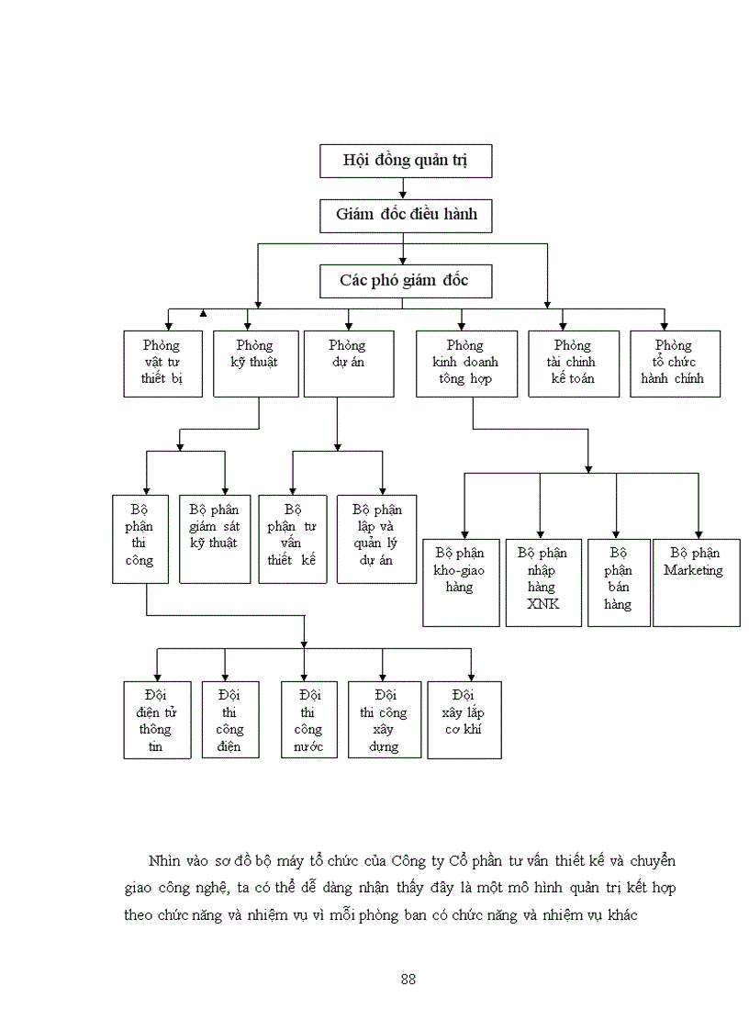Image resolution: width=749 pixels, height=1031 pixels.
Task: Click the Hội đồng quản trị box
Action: [x=406, y=161]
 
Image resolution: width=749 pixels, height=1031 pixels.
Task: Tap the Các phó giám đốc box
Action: [x=405, y=280]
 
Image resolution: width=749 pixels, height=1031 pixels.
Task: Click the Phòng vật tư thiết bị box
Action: [x=162, y=364]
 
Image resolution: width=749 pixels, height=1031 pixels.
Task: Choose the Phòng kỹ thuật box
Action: [x=255, y=364]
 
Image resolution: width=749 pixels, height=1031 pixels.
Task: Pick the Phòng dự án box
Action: [x=348, y=364]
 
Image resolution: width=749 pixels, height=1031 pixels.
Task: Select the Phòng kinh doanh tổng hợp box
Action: [x=465, y=364]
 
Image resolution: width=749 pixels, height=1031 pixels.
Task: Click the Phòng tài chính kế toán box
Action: [x=574, y=364]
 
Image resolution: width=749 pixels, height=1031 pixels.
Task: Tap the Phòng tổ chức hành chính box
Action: [x=675, y=364]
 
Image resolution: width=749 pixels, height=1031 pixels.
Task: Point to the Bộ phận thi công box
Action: [x=140, y=539]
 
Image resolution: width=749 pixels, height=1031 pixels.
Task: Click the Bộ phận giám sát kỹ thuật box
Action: [x=214, y=539]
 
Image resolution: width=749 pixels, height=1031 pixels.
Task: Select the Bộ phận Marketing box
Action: [x=696, y=582]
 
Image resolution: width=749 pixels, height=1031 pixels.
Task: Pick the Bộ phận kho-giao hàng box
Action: [x=461, y=582]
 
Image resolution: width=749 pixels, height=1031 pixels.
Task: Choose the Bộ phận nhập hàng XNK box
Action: [x=542, y=582]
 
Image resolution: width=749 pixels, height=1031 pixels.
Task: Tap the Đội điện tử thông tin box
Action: [x=157, y=720]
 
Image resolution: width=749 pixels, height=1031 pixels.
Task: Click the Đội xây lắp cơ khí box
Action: [x=464, y=720]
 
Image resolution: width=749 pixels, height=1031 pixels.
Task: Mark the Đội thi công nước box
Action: [x=308, y=720]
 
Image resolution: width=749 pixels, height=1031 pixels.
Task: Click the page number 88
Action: [x=408, y=979]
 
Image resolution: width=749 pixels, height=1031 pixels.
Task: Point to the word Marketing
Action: [x=694, y=570]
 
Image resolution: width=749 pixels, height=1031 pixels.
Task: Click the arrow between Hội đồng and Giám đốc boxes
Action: [x=403, y=189]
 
